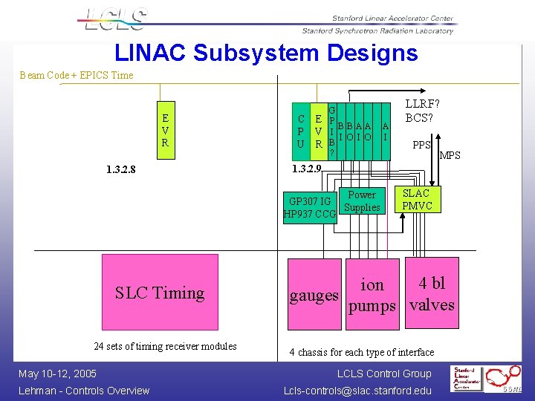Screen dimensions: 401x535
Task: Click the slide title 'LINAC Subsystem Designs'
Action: [266, 53]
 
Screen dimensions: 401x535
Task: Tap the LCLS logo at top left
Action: [116, 20]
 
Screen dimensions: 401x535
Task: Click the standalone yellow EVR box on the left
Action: [165, 130]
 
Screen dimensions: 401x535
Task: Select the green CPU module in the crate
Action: [300, 131]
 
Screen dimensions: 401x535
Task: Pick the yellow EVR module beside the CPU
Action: [317, 131]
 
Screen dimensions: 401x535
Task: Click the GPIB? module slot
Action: [331, 131]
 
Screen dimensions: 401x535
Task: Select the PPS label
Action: [421, 146]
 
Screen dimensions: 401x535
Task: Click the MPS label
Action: [450, 155]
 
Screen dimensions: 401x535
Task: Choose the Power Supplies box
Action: [362, 201]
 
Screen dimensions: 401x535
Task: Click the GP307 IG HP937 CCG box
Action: [310, 208]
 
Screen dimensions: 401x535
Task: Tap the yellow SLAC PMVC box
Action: [416, 199]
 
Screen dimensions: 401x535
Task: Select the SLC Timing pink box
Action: [160, 293]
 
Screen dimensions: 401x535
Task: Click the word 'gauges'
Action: [314, 296]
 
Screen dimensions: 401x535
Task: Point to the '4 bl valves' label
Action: [432, 294]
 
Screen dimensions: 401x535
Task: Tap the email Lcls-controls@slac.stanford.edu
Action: [357, 391]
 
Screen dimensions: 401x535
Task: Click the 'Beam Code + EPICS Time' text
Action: [77, 75]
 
